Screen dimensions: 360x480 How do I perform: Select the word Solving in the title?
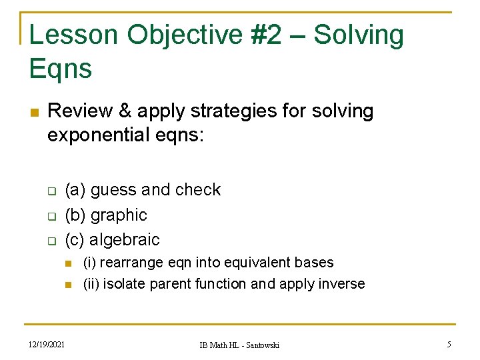359,36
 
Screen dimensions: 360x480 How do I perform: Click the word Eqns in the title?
61,69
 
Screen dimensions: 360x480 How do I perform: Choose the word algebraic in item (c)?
125,239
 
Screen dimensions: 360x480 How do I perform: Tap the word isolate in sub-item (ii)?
125,284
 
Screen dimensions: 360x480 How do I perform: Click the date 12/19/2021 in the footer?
47,345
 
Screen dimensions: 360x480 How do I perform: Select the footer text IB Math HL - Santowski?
240,345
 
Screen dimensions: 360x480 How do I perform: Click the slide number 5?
449,345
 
